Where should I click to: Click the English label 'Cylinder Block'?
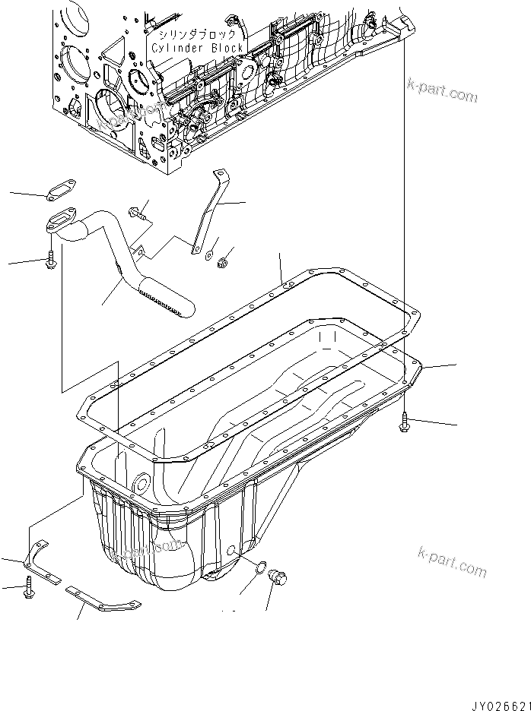click(197, 48)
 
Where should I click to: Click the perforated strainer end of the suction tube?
click(165, 299)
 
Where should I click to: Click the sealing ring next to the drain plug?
click(259, 567)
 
